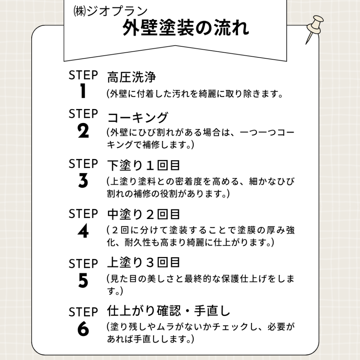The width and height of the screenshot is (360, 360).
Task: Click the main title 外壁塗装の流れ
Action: click(186, 28)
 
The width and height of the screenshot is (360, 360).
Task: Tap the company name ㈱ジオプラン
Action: click(110, 11)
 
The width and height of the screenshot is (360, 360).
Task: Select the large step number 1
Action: click(83, 91)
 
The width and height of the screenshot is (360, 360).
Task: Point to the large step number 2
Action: click(83, 131)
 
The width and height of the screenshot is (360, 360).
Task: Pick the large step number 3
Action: click(83, 180)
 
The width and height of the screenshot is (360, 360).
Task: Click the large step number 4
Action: click(83, 231)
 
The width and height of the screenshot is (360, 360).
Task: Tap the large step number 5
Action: click(83, 280)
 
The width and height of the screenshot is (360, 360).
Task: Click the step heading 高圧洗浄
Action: click(131, 77)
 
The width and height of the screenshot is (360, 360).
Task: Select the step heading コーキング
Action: click(138, 117)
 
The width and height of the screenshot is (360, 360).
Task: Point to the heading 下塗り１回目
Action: click(143, 165)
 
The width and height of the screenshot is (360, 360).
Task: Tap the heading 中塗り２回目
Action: click(143, 214)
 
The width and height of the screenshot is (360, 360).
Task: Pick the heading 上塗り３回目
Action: click(143, 263)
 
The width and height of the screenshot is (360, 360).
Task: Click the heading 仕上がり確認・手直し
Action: click(168, 311)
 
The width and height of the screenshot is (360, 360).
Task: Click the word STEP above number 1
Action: click(83, 75)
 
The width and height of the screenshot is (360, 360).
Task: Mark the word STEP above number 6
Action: click(83, 312)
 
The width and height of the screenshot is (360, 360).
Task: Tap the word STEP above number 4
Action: click(83, 214)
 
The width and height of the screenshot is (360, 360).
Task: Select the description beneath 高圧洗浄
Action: click(195, 94)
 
